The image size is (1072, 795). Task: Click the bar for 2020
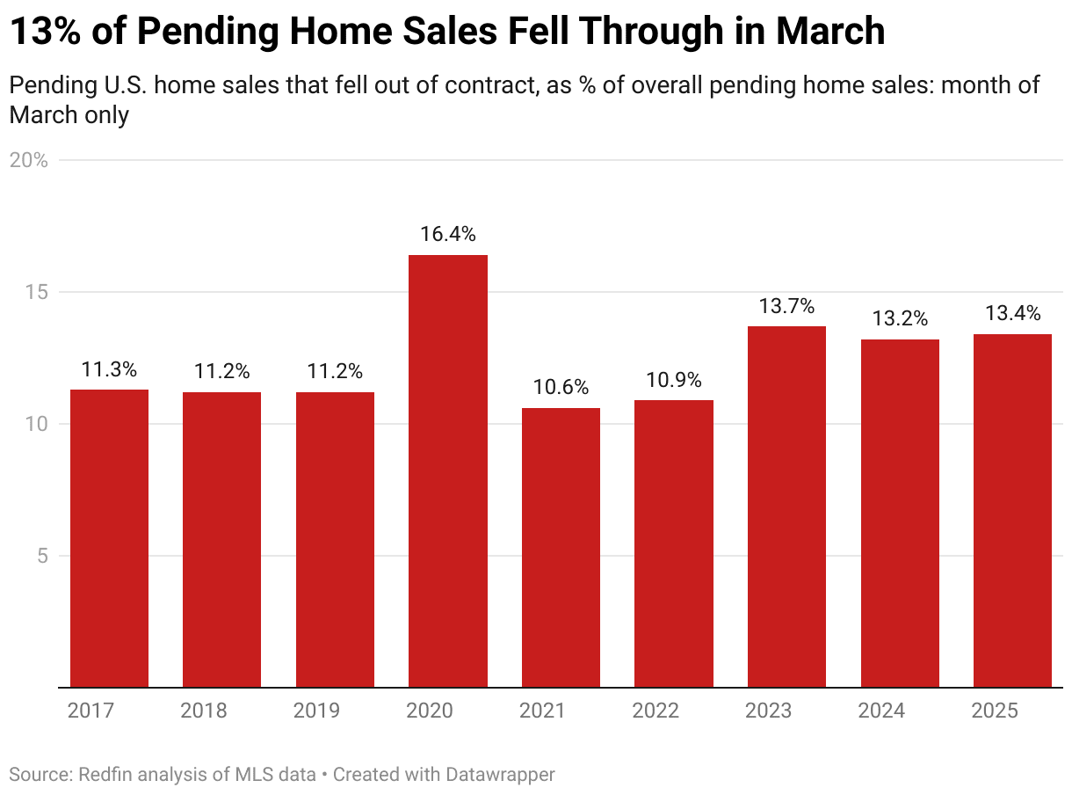click(448, 470)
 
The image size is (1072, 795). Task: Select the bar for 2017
click(109, 538)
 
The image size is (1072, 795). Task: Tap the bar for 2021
click(561, 547)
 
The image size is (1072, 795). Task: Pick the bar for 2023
click(786, 507)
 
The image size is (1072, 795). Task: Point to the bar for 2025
click(1012, 510)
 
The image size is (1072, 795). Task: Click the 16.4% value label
click(448, 235)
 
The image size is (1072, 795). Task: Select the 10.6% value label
click(561, 388)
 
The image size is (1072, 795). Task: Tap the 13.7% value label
click(786, 306)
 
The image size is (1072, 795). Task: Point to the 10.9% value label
click(674, 380)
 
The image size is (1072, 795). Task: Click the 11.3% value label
click(109, 369)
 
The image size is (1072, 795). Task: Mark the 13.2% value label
click(900, 319)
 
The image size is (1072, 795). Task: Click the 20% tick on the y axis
click(28, 160)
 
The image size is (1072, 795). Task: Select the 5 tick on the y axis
click(40, 556)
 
